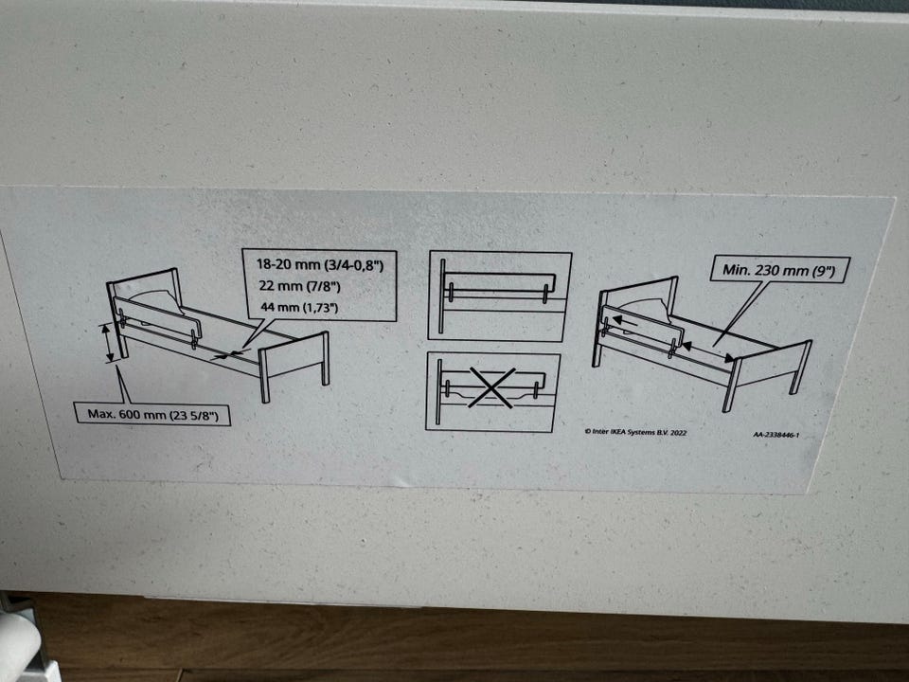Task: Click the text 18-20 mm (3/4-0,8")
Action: tap(320, 264)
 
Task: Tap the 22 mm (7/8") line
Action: tap(300, 286)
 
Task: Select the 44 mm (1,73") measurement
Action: tap(299, 307)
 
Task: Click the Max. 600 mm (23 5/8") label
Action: tap(153, 414)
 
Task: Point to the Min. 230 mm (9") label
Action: tap(779, 270)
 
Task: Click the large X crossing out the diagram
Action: tap(491, 387)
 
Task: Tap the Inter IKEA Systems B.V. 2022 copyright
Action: tap(636, 432)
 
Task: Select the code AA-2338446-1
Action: tap(776, 435)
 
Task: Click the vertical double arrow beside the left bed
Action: tap(107, 343)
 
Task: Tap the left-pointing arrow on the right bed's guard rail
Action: tap(624, 320)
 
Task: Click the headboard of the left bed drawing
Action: tap(145, 307)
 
